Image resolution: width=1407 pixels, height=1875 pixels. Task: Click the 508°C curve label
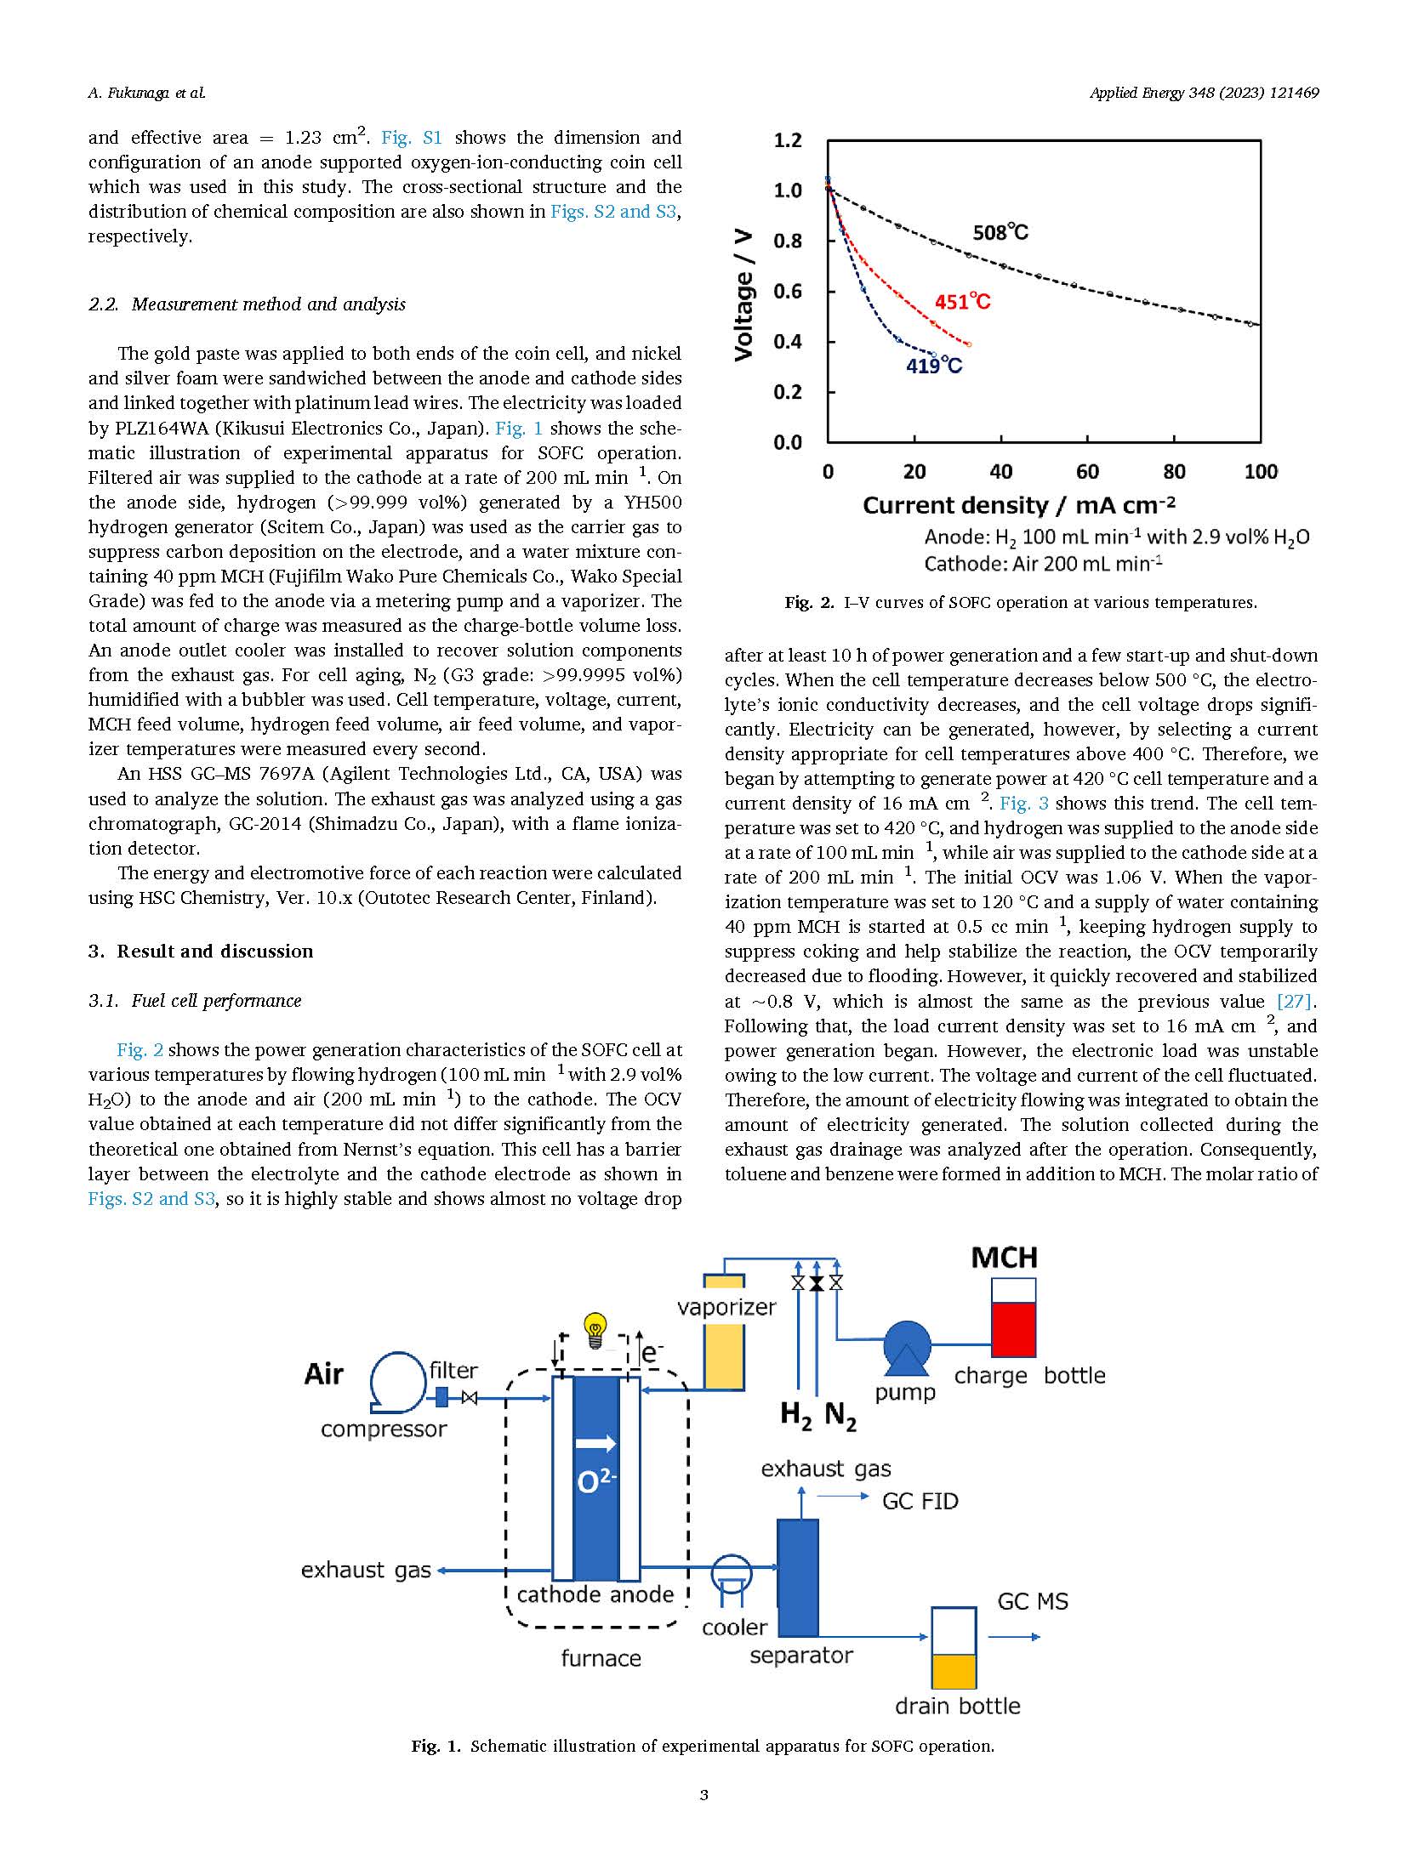tap(1000, 232)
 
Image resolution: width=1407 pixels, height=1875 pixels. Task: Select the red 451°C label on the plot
tap(962, 302)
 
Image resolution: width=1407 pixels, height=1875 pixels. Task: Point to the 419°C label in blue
tap(933, 366)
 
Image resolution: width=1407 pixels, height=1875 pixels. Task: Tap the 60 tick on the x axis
tap(1087, 472)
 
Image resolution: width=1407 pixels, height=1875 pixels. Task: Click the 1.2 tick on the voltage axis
tap(787, 140)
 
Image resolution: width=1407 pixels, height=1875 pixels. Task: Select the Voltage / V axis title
tap(743, 294)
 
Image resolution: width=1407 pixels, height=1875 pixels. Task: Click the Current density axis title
tap(1018, 505)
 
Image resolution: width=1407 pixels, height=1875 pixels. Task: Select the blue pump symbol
tap(907, 1349)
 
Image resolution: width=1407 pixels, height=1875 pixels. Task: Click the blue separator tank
tap(798, 1577)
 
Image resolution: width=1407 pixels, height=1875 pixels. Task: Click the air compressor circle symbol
tap(397, 1379)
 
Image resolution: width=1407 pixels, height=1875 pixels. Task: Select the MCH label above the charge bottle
tap(1004, 1258)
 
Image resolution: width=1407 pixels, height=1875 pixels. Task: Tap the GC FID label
tap(920, 1501)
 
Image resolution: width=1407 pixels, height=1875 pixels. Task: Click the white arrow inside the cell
tap(595, 1443)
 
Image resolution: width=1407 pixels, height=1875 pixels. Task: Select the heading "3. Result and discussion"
tap(201, 951)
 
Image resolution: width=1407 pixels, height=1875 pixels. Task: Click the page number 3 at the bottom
tap(703, 1795)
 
